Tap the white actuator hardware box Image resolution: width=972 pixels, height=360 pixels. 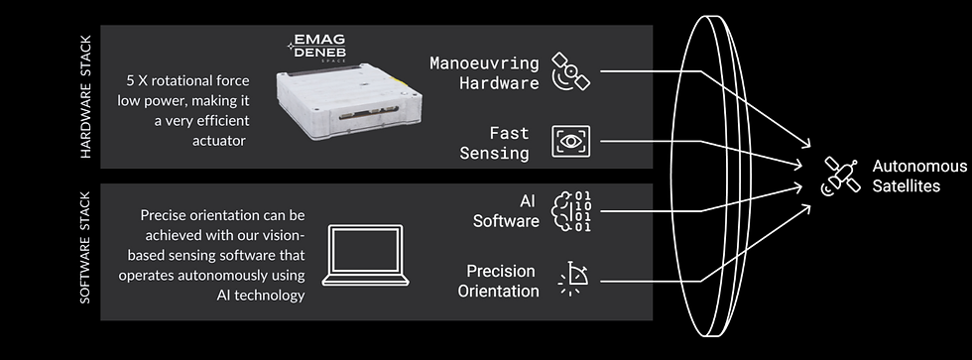pos(349,103)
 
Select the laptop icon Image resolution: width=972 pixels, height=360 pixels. pos(365,255)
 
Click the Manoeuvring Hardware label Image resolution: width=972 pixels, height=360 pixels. pos(485,72)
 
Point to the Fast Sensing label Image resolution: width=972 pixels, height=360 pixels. pos(495,143)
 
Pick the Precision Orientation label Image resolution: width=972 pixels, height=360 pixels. pos(498,281)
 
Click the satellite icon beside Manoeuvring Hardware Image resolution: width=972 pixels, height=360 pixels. pos(570,71)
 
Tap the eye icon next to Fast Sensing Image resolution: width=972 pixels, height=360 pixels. pos(571,141)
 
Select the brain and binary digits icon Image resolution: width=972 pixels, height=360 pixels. pos(571,210)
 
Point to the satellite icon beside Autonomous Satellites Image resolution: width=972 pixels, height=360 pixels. pos(841,176)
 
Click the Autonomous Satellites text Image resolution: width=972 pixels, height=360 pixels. pos(919,176)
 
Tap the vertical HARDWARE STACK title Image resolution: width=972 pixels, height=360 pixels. pos(85,96)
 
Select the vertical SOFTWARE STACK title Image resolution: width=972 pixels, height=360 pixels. pos(85,247)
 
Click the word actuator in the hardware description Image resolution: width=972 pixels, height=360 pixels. pos(219,141)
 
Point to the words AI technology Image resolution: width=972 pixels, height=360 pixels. pos(260,295)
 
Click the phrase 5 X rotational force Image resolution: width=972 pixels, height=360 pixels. pos(187,80)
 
